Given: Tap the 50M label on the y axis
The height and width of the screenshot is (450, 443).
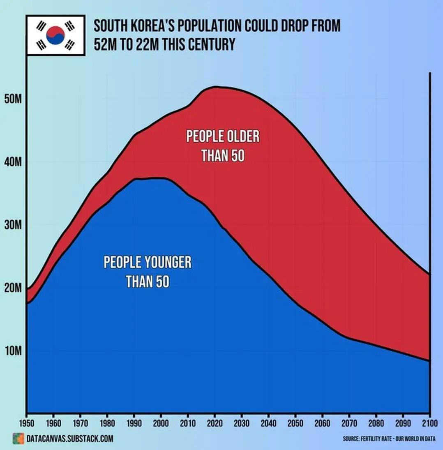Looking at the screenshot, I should [x=12, y=100].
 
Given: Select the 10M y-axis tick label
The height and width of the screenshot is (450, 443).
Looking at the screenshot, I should [x=12, y=351].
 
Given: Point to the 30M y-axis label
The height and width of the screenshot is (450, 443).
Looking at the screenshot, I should [x=12, y=225].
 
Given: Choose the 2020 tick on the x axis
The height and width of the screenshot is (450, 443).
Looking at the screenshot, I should [x=215, y=422].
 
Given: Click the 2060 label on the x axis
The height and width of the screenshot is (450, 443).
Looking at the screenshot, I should [x=322, y=422].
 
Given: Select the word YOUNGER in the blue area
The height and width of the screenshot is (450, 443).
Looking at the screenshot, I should [x=167, y=262].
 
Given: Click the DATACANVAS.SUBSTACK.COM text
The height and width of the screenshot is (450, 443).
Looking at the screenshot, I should [x=69, y=439].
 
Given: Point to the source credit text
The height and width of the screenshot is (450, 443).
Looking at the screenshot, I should [x=389, y=439].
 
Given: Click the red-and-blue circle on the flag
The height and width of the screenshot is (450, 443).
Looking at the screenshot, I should [x=55, y=35].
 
